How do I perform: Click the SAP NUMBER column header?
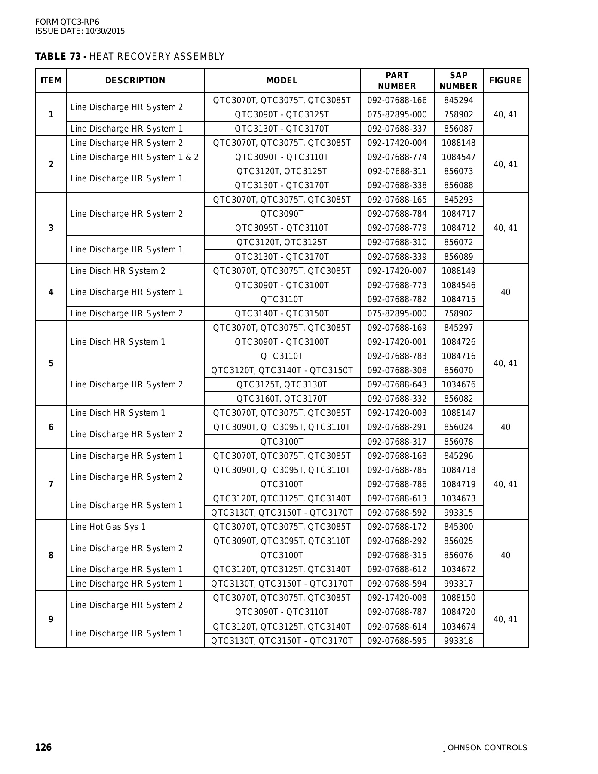pyautogui.click(x=458, y=80)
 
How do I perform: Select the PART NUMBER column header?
pyautogui.click(x=397, y=80)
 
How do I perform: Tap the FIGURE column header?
pyautogui.click(x=505, y=80)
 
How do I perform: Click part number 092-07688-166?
pyautogui.click(x=397, y=101)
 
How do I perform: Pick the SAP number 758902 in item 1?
pyautogui.click(x=458, y=115)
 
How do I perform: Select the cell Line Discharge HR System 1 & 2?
pyautogui.click(x=134, y=157)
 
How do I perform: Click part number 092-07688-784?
pyautogui.click(x=397, y=214)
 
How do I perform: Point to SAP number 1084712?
pyautogui.click(x=458, y=228)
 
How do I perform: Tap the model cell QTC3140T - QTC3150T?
pyautogui.click(x=282, y=313)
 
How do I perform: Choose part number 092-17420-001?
pyautogui.click(x=397, y=342)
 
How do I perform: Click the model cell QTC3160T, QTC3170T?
pyautogui.click(x=282, y=399)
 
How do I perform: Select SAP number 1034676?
pyautogui.click(x=458, y=384)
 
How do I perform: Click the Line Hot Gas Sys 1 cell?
pyautogui.click(x=108, y=527)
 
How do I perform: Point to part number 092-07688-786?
pyautogui.click(x=397, y=484)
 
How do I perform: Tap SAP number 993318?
pyautogui.click(x=458, y=641)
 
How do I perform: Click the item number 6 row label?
pyautogui.click(x=51, y=427)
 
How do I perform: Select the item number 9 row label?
pyautogui.click(x=51, y=619)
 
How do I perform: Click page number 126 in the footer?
pyautogui.click(x=43, y=747)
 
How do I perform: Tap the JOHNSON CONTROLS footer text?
pyautogui.click(x=485, y=748)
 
